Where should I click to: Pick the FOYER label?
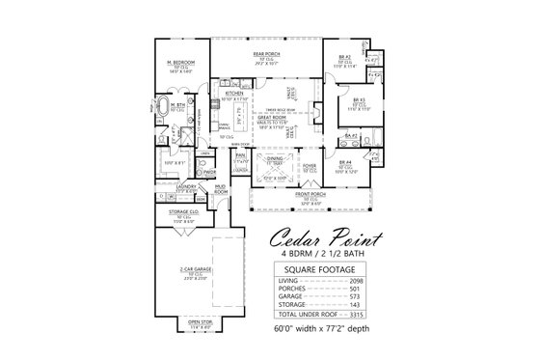tap(310, 165)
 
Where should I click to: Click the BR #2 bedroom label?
tap(344, 57)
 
